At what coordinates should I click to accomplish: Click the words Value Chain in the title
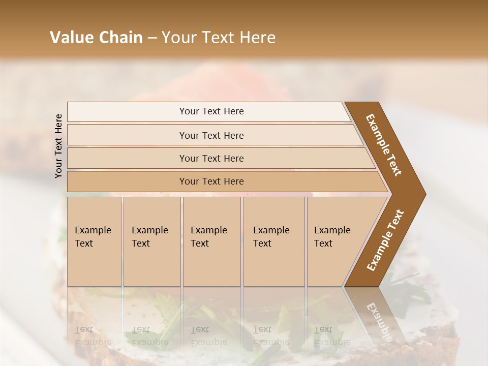coord(96,38)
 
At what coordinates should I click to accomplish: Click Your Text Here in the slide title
coord(219,38)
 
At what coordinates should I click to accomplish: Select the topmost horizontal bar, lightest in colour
coord(211,111)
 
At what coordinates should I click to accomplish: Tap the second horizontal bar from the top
coord(211,135)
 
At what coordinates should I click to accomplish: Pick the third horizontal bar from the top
coord(211,158)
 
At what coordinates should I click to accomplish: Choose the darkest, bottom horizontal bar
coord(211,181)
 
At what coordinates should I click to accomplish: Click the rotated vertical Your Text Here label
coord(58,146)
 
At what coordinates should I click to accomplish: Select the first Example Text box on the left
coord(94,241)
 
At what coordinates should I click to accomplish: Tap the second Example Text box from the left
coord(151,241)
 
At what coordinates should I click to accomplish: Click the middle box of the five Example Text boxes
coord(211,241)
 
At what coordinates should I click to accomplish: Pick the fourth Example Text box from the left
coord(274,241)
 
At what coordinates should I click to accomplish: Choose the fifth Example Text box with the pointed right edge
coord(335,241)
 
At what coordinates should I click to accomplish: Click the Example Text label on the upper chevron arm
coord(384,145)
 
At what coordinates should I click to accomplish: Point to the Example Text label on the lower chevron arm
coord(385,240)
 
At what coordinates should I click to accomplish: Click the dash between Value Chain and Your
coord(152,38)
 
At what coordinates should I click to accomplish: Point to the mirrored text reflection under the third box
coord(208,335)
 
